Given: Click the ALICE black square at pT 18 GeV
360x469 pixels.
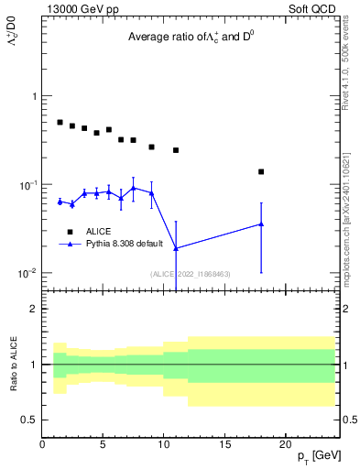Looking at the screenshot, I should coord(261,171).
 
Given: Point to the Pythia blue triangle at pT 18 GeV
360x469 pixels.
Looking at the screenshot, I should coord(261,224).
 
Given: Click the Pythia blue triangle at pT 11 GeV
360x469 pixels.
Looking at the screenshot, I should coord(176,248).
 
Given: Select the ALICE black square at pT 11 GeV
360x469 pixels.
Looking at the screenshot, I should coord(176,150).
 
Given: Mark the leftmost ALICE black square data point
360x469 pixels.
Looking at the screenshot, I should coord(60,122).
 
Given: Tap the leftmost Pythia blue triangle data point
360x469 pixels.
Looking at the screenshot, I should coord(60,201).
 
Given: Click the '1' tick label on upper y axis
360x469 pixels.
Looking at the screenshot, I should coord(33,96).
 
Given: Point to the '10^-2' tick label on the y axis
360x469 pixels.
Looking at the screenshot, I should coord(27,273).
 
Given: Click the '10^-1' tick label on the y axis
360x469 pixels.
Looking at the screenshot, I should coord(27,185).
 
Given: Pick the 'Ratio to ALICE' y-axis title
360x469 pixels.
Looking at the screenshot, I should coord(14,364).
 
